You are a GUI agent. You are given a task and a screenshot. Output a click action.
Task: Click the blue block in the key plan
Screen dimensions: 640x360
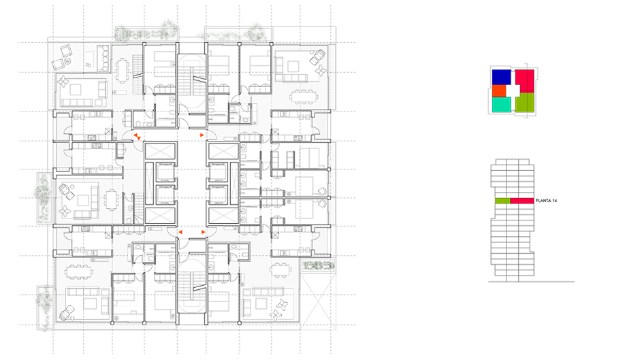click(x=501, y=77)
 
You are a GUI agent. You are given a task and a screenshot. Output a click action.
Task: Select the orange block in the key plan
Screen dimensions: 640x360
click(x=499, y=91)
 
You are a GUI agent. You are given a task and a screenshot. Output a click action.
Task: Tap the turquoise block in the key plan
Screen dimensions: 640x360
click(x=501, y=105)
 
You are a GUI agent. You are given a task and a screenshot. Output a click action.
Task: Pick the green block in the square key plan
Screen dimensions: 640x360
click(x=525, y=102)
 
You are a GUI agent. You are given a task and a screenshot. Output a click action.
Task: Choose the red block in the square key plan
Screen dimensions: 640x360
click(x=525, y=80)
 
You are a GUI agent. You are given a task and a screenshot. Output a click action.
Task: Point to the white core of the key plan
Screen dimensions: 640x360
click(x=513, y=91)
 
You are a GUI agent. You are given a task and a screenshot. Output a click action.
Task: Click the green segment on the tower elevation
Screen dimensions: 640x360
click(x=502, y=201)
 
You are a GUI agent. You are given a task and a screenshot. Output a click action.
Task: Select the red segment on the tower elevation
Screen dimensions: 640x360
click(x=522, y=201)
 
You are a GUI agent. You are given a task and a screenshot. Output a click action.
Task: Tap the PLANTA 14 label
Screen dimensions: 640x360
click(x=546, y=201)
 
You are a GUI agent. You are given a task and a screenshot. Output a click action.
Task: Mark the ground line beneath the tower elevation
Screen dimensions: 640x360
click(x=532, y=282)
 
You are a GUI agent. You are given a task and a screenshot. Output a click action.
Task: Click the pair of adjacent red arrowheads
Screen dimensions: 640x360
click(x=138, y=136)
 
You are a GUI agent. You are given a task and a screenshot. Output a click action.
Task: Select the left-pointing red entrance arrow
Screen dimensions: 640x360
click(x=180, y=232)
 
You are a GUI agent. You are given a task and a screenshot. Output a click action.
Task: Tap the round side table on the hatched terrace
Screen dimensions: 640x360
click(x=67, y=61)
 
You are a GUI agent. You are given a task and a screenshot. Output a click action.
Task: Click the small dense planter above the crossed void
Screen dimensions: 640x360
click(x=319, y=265)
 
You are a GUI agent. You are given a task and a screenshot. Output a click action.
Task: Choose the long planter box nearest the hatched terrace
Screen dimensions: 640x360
click(x=147, y=34)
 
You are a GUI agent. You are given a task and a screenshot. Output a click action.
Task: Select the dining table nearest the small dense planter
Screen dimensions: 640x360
click(x=281, y=269)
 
